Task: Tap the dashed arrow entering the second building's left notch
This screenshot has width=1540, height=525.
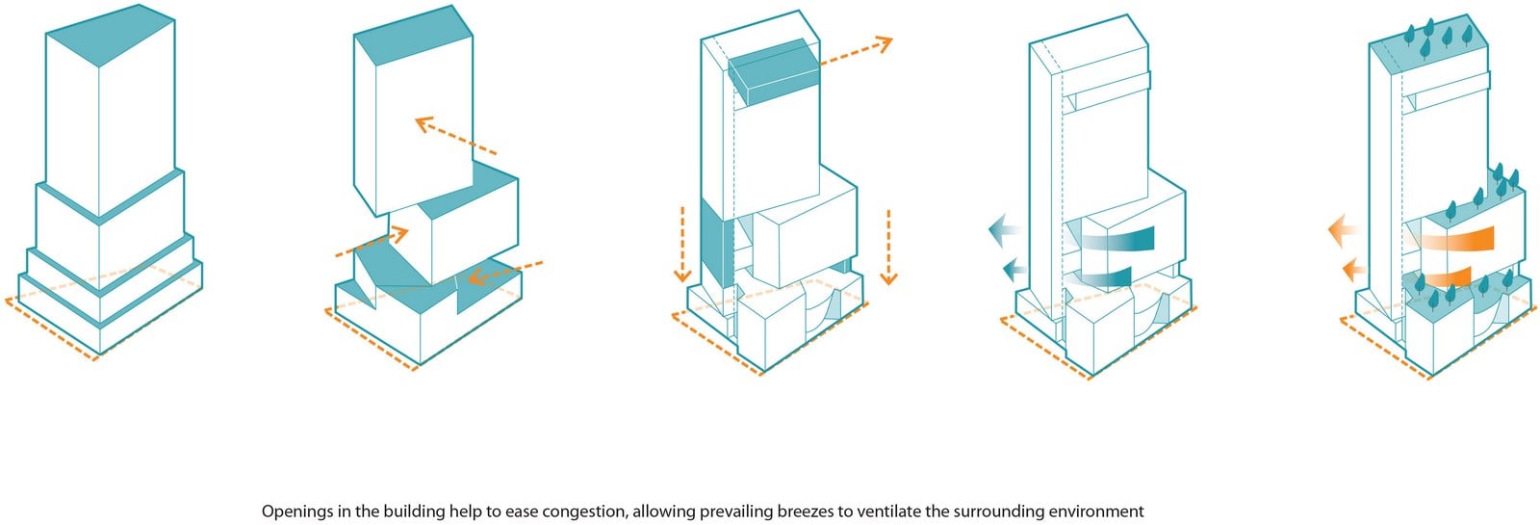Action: point(372,243)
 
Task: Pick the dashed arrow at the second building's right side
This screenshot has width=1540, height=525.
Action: point(504,272)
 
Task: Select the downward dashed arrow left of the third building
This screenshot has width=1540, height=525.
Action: point(682,245)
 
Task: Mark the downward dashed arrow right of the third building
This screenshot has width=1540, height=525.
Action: point(888,247)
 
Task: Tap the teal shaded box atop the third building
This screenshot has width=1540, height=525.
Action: point(774,72)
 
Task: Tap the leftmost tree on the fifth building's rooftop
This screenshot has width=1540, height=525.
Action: point(1404,52)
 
